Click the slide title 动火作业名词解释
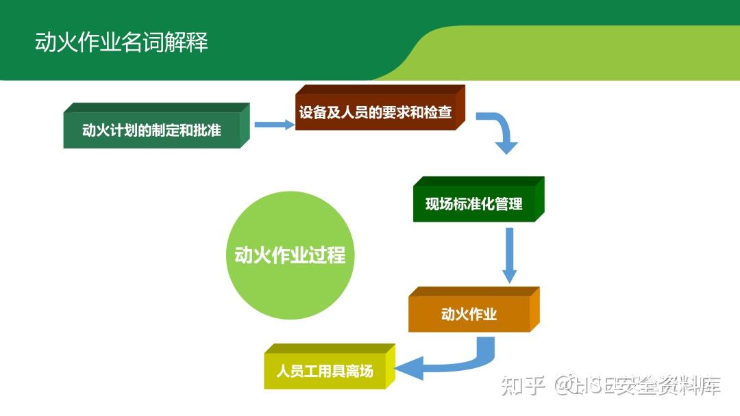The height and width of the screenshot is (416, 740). pos(121,42)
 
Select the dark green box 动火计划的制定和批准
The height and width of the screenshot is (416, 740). pos(156,125)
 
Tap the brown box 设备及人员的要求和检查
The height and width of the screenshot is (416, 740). pos(380,107)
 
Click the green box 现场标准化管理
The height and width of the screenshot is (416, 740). pos(478,199)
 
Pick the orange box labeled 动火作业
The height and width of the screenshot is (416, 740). pos(474,309)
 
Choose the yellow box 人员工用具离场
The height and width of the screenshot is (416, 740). pos(330,367)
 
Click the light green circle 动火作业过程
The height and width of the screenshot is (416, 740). pos(290,255)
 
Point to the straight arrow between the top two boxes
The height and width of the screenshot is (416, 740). pos(274,125)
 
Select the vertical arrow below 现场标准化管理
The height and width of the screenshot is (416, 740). pos(509,255)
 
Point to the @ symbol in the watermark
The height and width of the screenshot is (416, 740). pos(565,385)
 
